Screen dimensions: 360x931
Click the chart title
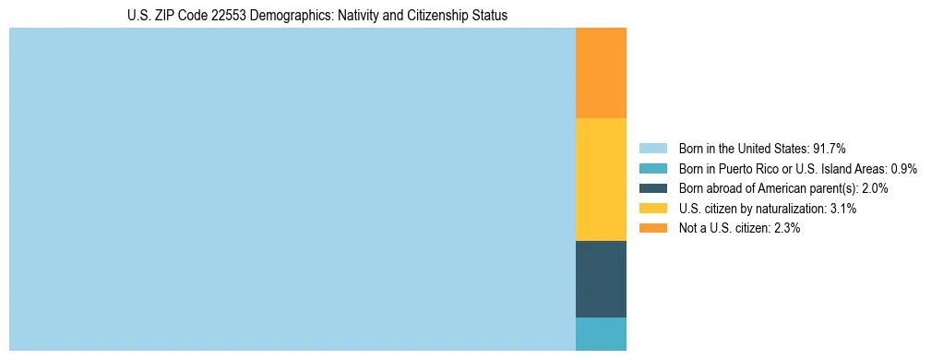click(x=317, y=16)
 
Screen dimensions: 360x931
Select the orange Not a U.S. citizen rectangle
click(x=601, y=73)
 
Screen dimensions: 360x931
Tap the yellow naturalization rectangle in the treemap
click(x=601, y=179)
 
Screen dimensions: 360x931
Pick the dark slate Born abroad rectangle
click(x=601, y=279)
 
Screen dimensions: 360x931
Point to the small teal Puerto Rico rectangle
click(x=601, y=334)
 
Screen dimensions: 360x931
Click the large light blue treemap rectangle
click(x=292, y=189)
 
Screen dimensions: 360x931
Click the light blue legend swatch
click(x=653, y=149)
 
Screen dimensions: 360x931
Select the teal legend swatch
click(x=653, y=169)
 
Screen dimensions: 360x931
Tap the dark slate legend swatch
click(x=653, y=188)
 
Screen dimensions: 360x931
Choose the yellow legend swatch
click(x=653, y=209)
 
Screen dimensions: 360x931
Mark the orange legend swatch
click(x=653, y=228)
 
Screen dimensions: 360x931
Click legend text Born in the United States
click(x=743, y=149)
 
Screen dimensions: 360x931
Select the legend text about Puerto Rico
click(x=782, y=169)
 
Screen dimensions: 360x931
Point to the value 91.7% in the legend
click(x=830, y=149)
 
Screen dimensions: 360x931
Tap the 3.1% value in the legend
click(x=841, y=209)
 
